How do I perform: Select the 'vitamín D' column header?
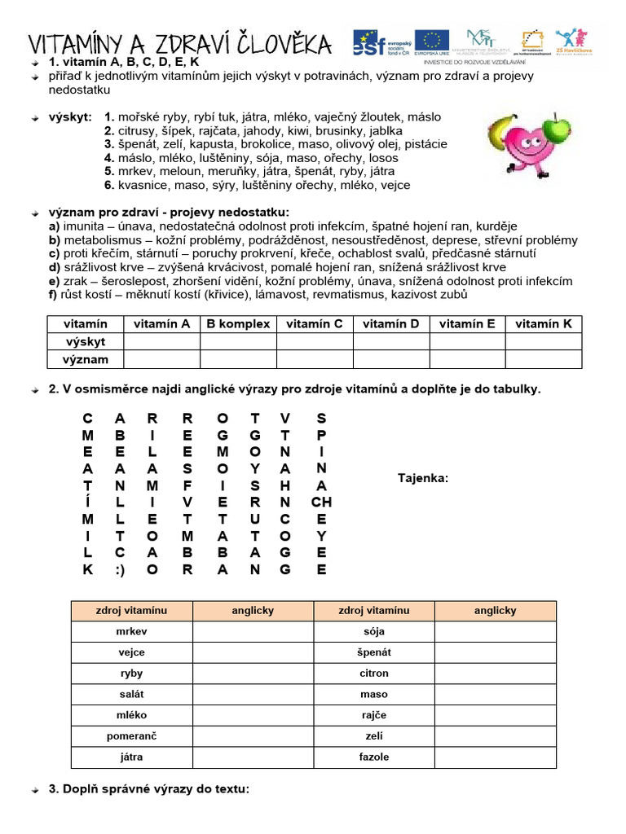click(x=391, y=323)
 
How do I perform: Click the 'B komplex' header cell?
click(x=238, y=323)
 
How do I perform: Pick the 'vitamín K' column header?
click(x=544, y=323)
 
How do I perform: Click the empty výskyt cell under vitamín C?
click(x=315, y=341)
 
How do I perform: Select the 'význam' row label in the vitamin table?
click(x=86, y=359)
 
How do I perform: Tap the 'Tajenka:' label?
click(x=422, y=478)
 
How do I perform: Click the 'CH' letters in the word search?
click(x=321, y=503)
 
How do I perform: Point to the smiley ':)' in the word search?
click(x=121, y=570)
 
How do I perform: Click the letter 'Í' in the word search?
click(x=88, y=503)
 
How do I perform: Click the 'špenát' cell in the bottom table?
click(x=374, y=652)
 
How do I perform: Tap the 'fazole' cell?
click(x=374, y=757)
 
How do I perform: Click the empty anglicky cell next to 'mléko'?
click(x=253, y=715)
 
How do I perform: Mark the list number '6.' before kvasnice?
click(x=109, y=185)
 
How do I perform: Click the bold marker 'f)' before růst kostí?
click(x=54, y=294)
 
